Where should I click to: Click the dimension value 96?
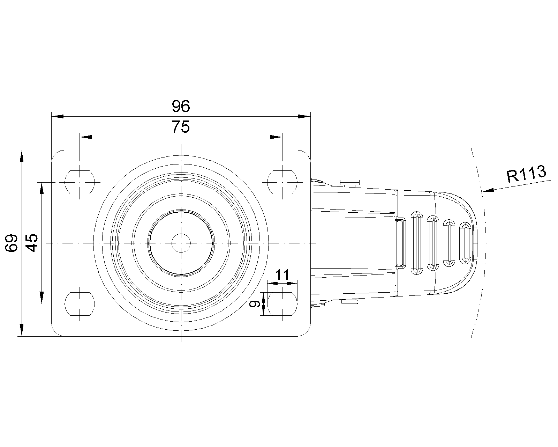coord(181,106)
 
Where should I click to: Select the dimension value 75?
coord(181,127)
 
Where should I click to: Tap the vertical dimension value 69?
coord(12,243)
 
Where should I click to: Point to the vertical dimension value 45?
coord(32,243)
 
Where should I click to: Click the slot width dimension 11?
coord(282,275)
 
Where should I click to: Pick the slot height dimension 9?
coord(255,303)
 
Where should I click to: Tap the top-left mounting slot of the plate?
coord(80,182)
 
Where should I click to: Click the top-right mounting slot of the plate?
coord(282,182)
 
